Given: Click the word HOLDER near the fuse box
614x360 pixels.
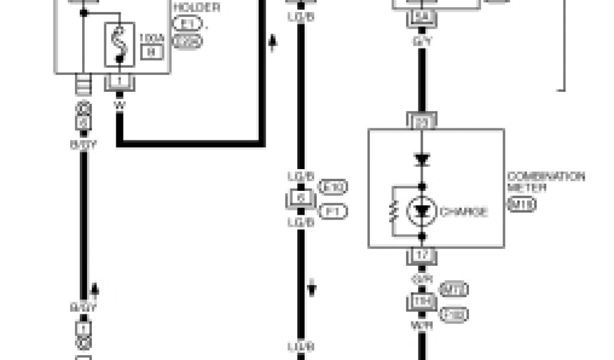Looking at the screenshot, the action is [196, 8].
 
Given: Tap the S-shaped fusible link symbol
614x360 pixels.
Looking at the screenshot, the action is [119, 44].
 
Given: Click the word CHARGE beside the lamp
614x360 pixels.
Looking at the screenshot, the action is [463, 211].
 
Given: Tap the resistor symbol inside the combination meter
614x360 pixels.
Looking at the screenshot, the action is [393, 211].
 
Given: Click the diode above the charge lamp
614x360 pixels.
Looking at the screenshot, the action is [423, 160].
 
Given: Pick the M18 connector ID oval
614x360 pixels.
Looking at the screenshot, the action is [521, 204].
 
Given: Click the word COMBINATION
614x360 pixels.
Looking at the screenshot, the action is [546, 177].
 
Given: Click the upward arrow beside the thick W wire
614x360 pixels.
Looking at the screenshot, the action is [273, 43].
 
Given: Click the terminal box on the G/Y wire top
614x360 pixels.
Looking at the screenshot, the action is [421, 19].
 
